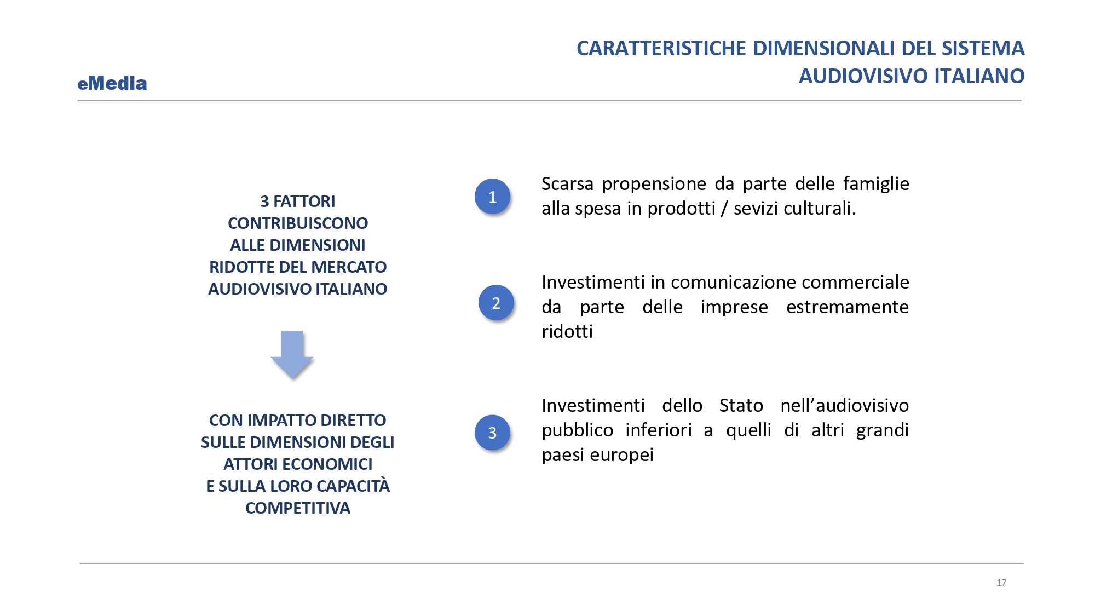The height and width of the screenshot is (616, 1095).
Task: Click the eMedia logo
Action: [x=112, y=83]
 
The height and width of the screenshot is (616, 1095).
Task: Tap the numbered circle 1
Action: [x=492, y=197]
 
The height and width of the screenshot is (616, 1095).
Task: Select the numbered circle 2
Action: [x=496, y=303]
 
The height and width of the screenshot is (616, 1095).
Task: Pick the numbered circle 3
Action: [x=492, y=433]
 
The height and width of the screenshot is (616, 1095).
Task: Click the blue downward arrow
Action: [x=292, y=354]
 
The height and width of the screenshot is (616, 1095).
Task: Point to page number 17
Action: [x=1001, y=583]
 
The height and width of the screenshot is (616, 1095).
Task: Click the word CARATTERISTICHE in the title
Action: [x=661, y=48]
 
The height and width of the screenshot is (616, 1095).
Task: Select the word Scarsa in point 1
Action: [x=567, y=184]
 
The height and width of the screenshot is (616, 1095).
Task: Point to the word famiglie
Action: [x=876, y=184]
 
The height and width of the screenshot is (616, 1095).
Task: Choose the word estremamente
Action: [x=848, y=307]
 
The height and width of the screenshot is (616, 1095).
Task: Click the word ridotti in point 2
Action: [x=567, y=332]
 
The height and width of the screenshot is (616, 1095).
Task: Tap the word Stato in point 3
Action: [x=741, y=406]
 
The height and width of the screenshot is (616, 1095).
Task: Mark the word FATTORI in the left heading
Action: [x=304, y=202]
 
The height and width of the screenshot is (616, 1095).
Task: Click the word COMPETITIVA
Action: [x=298, y=508]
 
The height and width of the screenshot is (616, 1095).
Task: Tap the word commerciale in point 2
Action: [x=855, y=283]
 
